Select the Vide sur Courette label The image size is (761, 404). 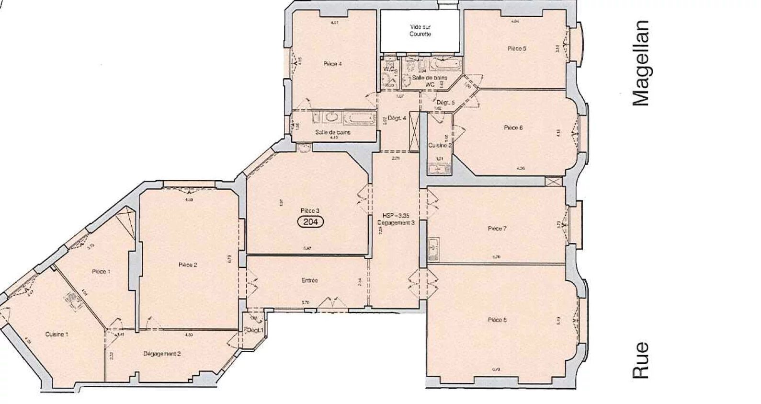(x=420, y=31)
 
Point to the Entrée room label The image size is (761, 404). (x=310, y=280)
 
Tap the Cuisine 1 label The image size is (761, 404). (x=56, y=335)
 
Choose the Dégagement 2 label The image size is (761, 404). (x=162, y=354)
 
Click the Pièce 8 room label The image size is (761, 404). (x=497, y=320)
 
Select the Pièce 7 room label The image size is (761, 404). (x=497, y=229)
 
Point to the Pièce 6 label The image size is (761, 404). (x=513, y=127)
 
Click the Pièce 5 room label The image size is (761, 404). (x=517, y=48)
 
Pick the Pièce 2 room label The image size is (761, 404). (x=188, y=265)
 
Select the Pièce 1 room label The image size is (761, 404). (x=101, y=271)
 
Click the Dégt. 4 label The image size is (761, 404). (x=397, y=118)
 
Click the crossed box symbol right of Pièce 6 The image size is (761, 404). (x=552, y=182)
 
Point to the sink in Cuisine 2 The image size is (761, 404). (x=437, y=169)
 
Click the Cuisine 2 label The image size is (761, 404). (x=439, y=145)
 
